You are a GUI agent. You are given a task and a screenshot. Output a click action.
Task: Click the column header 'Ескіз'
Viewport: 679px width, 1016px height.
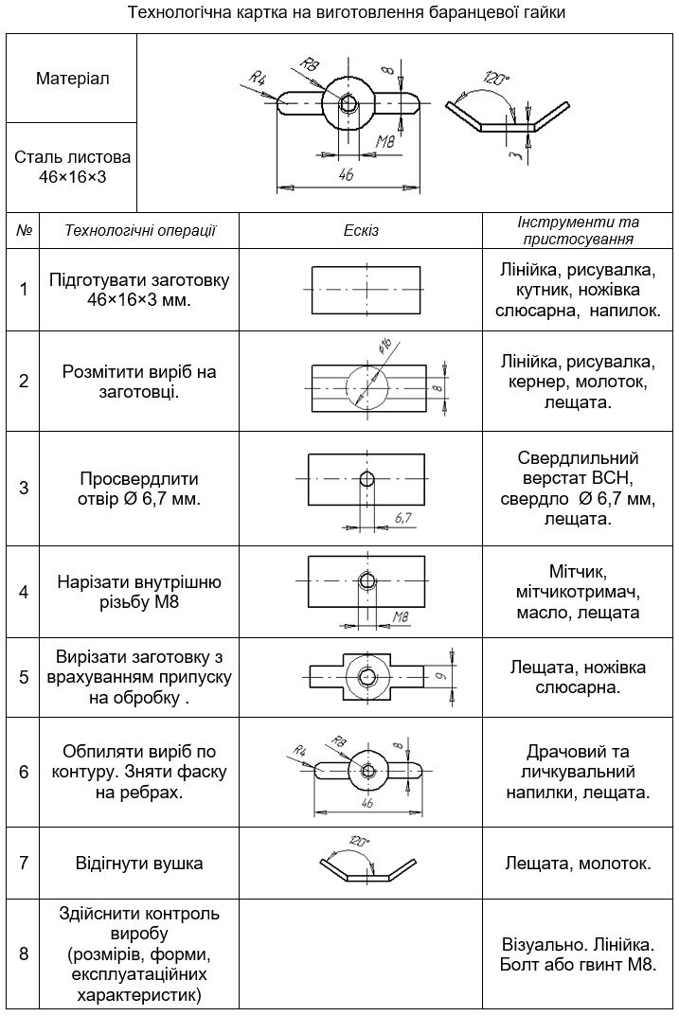[x=361, y=230]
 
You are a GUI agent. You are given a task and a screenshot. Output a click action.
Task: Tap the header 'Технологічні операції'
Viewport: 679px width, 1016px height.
[x=140, y=230]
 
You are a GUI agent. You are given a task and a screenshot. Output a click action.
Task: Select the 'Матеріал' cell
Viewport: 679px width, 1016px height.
[x=72, y=79]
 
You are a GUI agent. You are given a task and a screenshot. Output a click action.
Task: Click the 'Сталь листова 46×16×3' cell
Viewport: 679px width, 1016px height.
[x=72, y=167]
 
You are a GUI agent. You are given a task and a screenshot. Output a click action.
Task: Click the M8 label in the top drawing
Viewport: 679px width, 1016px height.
[x=384, y=142]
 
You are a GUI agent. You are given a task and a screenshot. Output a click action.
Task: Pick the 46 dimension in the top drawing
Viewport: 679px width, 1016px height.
[x=346, y=175]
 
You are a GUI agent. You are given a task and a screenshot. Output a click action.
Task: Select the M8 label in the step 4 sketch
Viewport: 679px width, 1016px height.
[x=400, y=617]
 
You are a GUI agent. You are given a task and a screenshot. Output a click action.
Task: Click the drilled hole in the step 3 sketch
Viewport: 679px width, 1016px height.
[x=366, y=478]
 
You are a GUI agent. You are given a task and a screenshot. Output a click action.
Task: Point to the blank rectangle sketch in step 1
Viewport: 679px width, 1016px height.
[x=366, y=289]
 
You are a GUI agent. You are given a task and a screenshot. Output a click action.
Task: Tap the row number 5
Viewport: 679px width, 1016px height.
[x=24, y=678]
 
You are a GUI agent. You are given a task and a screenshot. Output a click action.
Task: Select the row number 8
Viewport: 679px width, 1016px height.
[x=24, y=954]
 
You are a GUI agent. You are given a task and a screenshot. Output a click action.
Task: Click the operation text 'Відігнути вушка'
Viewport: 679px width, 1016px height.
[x=139, y=863]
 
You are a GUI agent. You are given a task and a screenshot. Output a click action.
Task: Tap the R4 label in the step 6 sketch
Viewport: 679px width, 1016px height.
[x=300, y=751]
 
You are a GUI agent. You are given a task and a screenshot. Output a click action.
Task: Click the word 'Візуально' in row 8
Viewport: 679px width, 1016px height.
[x=541, y=944]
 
